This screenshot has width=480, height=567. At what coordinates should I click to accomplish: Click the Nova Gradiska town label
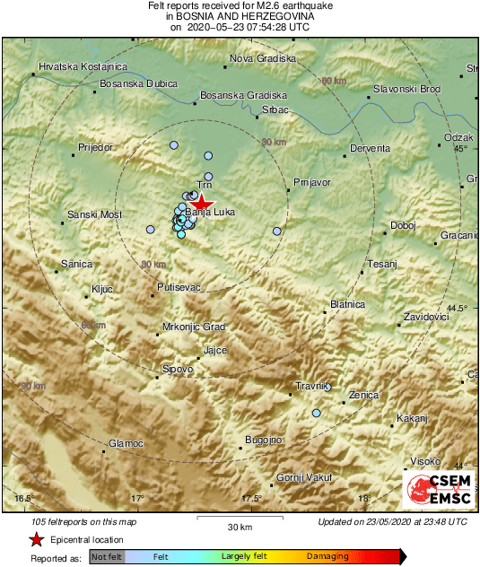[263, 58]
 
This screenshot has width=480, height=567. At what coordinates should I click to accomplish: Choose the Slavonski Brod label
[406, 90]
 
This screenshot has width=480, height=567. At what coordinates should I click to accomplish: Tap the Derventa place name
[370, 148]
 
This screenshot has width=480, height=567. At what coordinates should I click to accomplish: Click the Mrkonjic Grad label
[194, 327]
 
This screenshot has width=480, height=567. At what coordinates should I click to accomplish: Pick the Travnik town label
[314, 387]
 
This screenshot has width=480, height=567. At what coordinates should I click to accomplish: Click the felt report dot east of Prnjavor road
[277, 231]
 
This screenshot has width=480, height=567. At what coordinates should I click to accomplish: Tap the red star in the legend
[36, 540]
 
